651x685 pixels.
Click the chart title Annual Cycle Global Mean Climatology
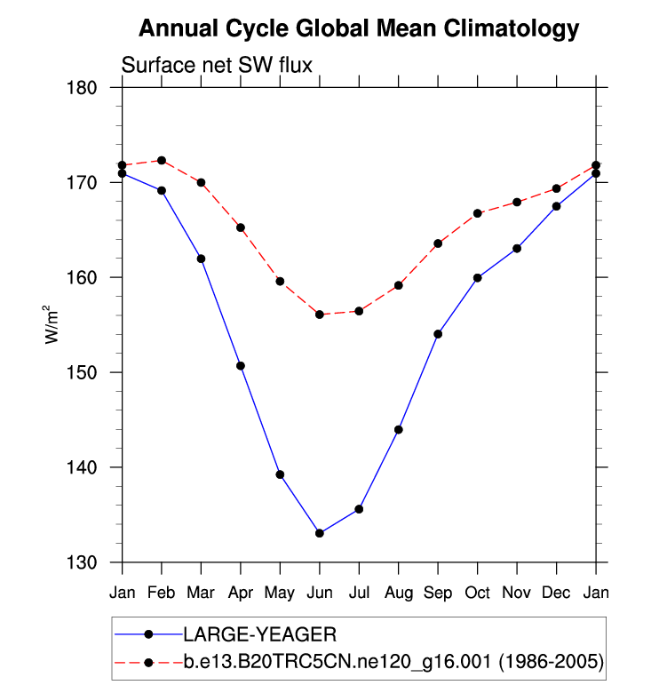359,29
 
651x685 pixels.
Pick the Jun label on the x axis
319,591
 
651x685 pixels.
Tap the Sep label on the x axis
438,592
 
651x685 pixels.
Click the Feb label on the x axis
161,591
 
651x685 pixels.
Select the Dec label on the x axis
557,591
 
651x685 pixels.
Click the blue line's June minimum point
319,533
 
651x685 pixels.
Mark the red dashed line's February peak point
161,161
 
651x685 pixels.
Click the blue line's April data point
240,366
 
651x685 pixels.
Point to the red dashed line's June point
319,315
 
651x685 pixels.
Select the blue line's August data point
398,430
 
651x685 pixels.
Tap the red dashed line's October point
477,213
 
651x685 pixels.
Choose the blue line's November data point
517,249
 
